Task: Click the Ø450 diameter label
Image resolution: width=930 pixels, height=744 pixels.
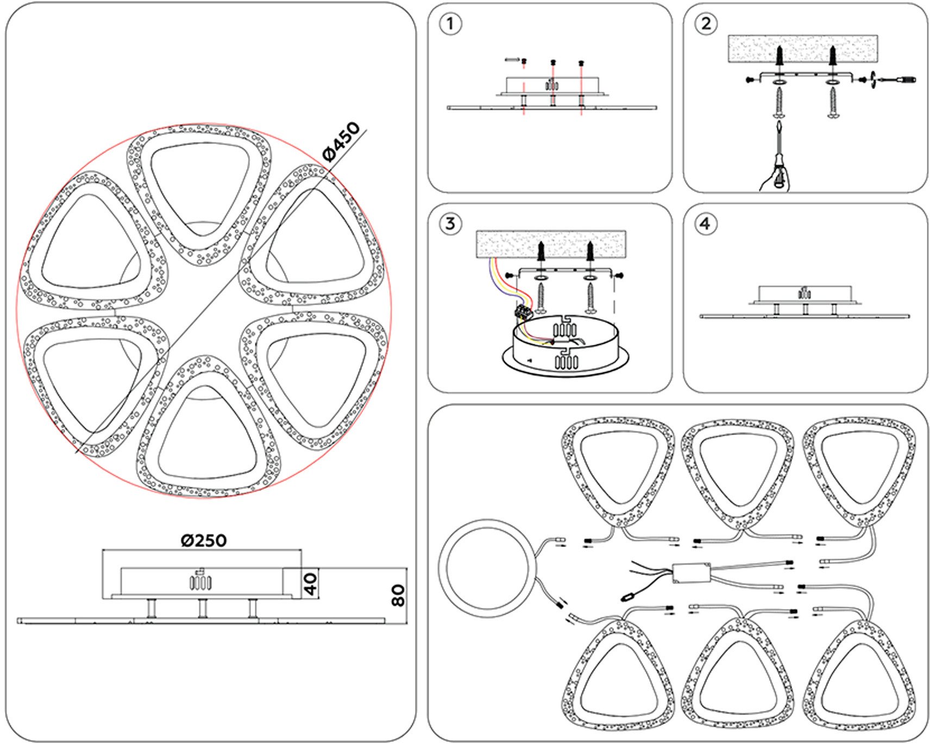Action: click(341, 142)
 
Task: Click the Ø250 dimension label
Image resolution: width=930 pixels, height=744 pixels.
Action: click(203, 540)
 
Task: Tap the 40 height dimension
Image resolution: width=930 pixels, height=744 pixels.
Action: click(310, 583)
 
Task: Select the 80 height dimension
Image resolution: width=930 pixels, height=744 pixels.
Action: click(398, 595)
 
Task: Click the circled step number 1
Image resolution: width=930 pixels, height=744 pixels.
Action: click(450, 24)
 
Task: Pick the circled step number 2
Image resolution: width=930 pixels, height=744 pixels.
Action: click(706, 24)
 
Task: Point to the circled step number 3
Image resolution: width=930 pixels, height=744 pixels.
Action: click(450, 224)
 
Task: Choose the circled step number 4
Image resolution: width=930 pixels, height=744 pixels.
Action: click(706, 224)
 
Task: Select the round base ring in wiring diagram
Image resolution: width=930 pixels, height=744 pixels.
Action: click(487, 568)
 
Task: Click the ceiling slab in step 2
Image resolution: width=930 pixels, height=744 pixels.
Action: click(802, 48)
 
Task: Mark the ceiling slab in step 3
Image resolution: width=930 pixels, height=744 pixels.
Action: click(550, 244)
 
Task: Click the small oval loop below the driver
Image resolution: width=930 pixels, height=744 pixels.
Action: click(628, 596)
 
